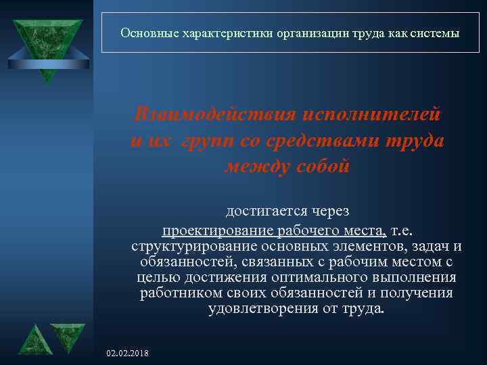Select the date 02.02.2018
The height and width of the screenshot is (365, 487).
[129, 354]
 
